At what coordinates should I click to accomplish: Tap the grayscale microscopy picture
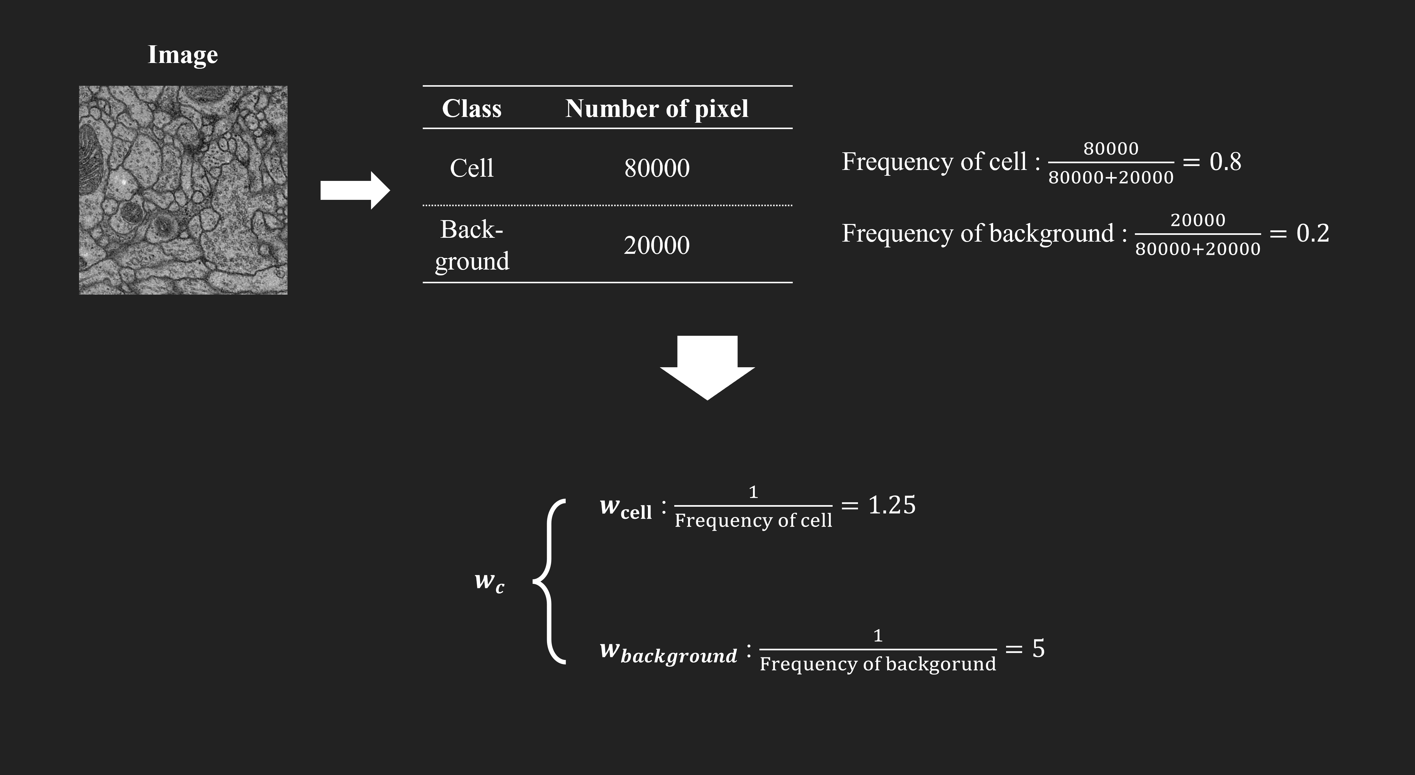[x=183, y=190]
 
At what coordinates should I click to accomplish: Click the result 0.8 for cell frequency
[x=1225, y=162]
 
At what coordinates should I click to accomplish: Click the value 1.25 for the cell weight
[x=891, y=505]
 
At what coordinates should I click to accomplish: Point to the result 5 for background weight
[x=1038, y=649]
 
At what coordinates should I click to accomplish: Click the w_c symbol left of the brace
[x=489, y=581]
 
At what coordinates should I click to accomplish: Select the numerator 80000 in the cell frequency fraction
[x=1111, y=148]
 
